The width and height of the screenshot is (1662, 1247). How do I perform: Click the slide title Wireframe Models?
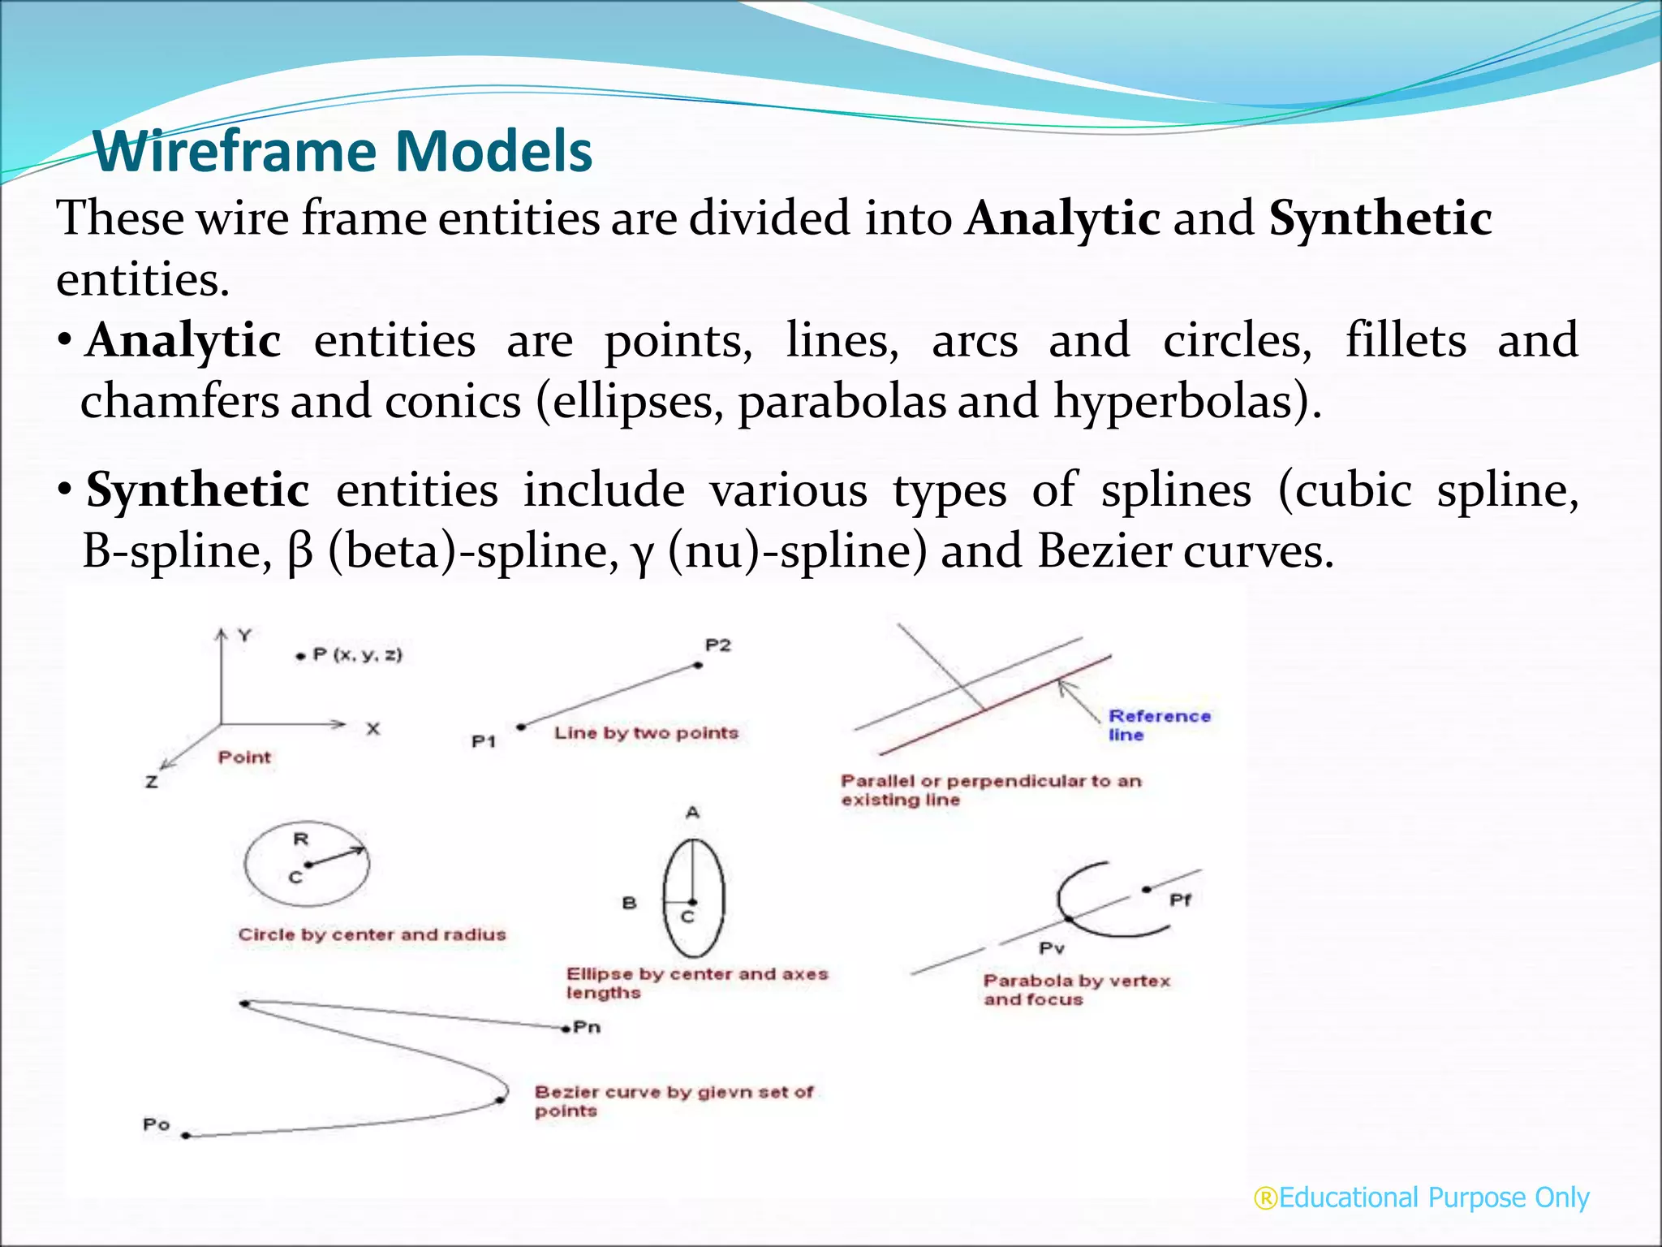tap(342, 152)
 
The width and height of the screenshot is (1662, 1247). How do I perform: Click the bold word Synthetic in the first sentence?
tap(1380, 219)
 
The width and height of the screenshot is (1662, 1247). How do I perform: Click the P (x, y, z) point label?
tap(357, 654)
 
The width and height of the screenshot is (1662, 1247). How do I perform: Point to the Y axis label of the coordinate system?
tap(244, 635)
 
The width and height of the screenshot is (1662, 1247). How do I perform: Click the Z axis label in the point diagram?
tap(152, 783)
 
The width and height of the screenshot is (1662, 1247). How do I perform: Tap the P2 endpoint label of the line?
tap(718, 645)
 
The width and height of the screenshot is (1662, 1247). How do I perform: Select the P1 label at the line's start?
tap(484, 741)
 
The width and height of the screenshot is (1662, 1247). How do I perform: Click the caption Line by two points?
tap(646, 733)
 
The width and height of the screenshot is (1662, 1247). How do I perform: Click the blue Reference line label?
tap(1158, 725)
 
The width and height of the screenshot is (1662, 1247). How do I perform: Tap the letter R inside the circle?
tap(300, 839)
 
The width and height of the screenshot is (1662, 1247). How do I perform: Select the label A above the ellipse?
tap(692, 813)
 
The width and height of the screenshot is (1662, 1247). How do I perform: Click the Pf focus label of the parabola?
tap(1180, 900)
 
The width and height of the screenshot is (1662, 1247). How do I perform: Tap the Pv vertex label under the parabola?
tap(1052, 948)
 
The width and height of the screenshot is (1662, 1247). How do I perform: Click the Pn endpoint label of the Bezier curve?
tap(587, 1027)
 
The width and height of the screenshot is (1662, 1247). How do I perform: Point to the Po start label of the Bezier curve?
tap(156, 1124)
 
